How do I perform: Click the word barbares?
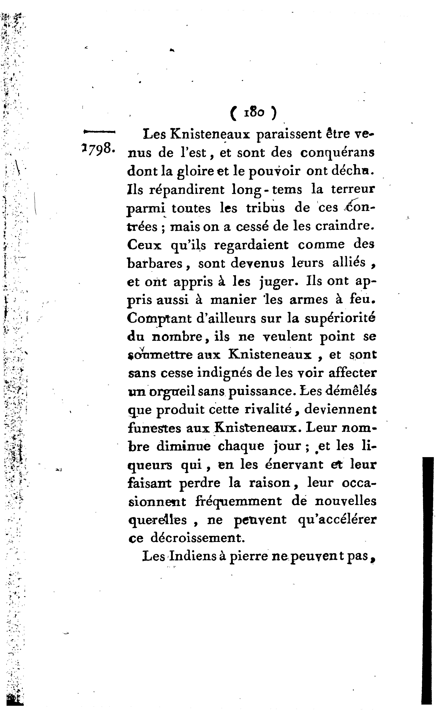coord(155,263)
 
